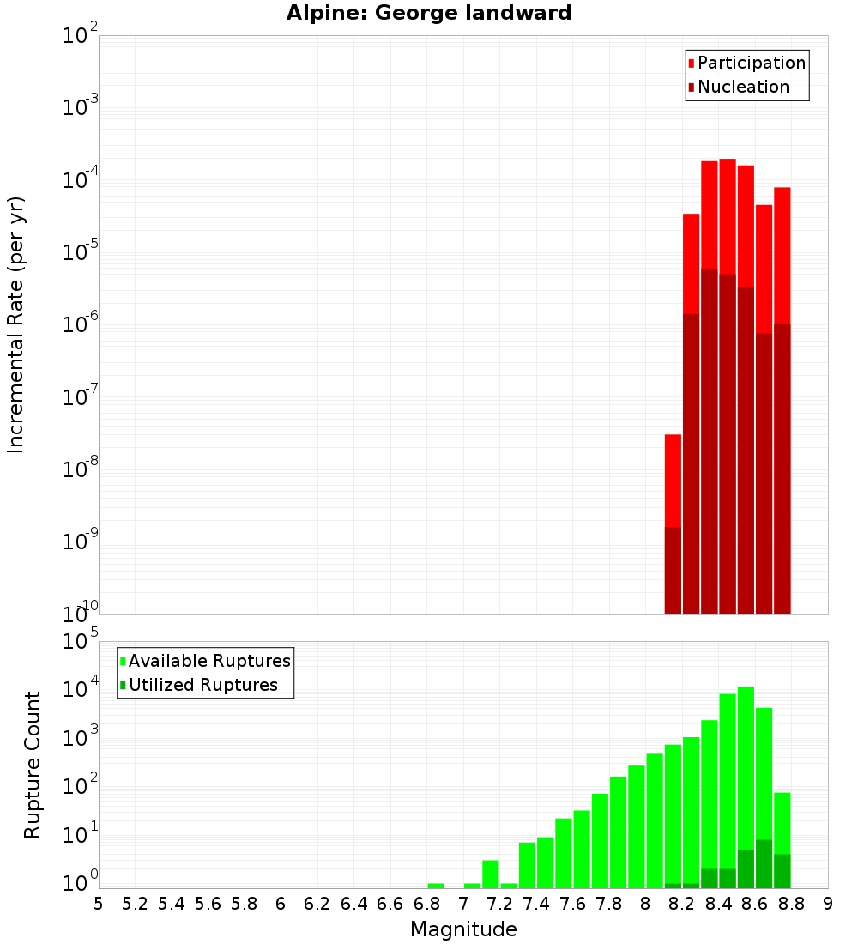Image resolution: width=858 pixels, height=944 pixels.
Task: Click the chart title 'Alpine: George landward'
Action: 429,13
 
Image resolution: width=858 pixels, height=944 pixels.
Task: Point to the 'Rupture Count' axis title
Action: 33,765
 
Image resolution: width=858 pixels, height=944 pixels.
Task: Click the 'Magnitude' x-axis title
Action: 463,929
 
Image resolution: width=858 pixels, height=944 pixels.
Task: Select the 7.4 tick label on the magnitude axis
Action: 536,904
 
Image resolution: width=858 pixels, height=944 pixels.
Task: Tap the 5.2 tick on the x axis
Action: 136,904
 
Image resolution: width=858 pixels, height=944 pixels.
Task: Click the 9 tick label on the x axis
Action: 828,904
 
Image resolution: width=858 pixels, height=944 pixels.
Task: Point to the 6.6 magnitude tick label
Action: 390,904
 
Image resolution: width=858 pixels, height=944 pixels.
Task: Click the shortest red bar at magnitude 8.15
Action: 673,481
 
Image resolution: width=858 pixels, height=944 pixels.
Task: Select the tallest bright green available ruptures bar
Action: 746,772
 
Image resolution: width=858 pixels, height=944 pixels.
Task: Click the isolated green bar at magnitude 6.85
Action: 436,886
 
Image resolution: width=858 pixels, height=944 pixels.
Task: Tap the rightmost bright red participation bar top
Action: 782,191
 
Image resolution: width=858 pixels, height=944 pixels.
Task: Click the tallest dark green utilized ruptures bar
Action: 764,863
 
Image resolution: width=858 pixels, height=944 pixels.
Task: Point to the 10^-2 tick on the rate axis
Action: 80,36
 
